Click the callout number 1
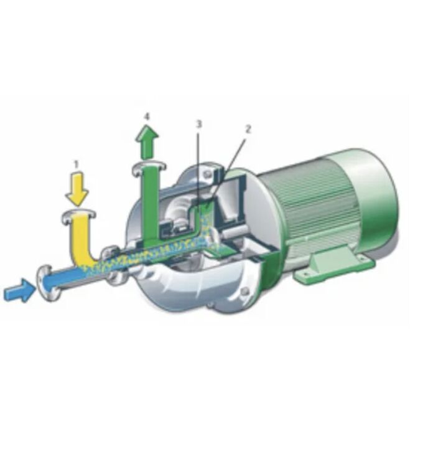[76, 164]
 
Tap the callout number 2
[248, 129]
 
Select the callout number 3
[199, 124]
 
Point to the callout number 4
[147, 116]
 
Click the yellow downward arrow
[77, 188]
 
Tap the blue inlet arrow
[19, 290]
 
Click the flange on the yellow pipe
[79, 216]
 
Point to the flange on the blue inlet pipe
[47, 283]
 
